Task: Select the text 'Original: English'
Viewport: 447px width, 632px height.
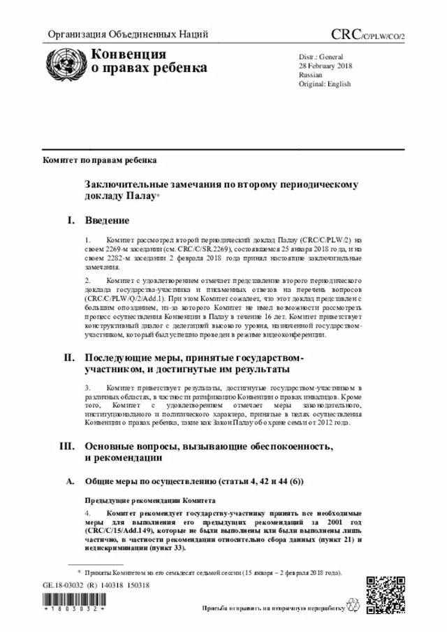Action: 324,83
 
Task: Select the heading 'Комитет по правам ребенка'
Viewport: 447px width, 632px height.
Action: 99,161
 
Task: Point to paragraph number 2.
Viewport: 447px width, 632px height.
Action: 88,280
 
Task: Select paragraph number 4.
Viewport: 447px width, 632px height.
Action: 88,513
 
